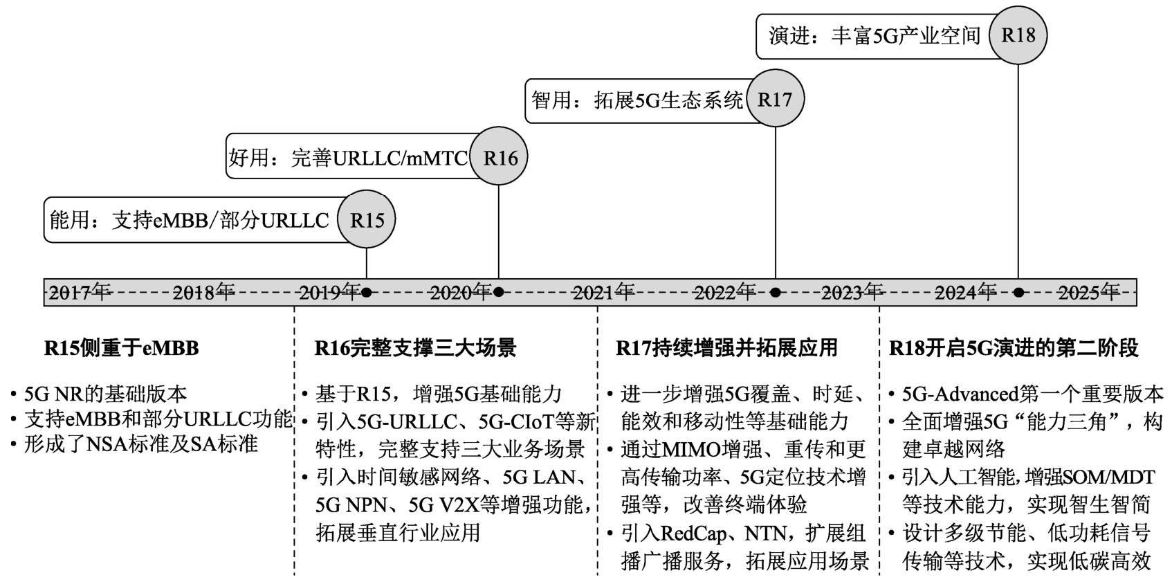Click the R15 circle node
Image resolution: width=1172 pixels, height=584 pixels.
[367, 219]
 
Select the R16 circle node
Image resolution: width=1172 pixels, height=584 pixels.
[499, 158]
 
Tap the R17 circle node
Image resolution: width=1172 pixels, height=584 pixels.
[775, 99]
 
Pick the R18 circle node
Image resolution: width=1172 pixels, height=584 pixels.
[1018, 35]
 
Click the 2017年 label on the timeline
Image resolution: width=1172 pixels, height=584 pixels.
[80, 293]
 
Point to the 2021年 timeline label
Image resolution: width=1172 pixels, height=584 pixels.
[603, 293]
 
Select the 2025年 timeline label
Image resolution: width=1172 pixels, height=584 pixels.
[1088, 293]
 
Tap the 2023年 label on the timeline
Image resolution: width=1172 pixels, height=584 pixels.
[852, 293]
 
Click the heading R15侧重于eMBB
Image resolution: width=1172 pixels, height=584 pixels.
[122, 348]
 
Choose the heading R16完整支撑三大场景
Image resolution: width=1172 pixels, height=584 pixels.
[415, 348]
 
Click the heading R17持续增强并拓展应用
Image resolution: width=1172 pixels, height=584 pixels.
[726, 348]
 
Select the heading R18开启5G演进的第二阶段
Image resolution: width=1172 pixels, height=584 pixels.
[1014, 348]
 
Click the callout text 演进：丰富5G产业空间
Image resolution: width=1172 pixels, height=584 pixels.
[875, 36]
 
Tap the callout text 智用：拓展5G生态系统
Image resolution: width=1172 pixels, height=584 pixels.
[637, 100]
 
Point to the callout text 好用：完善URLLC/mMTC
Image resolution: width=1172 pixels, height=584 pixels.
[348, 158]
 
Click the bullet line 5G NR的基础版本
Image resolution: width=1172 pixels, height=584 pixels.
[105, 394]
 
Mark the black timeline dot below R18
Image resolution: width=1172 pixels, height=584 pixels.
[1018, 293]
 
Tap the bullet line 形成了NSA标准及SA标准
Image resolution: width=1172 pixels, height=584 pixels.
[140, 444]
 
